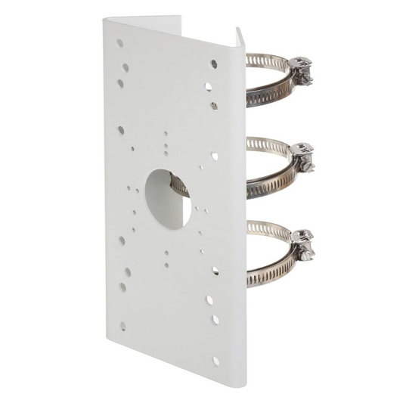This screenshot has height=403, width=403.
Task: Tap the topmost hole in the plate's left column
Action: click(120, 43)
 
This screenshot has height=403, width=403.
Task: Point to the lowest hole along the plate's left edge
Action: click(122, 327)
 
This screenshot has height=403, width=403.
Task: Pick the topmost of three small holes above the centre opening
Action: click(166, 134)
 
